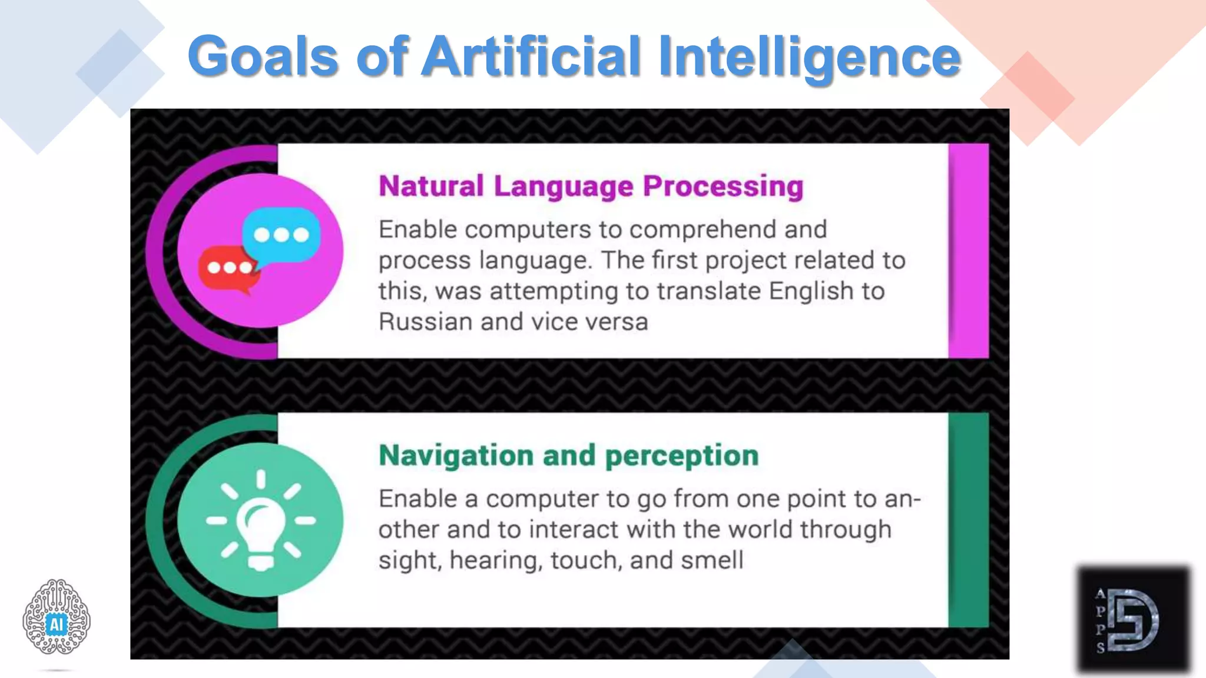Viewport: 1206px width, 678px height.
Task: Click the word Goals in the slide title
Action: coord(263,57)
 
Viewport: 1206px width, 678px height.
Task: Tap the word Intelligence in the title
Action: coord(810,57)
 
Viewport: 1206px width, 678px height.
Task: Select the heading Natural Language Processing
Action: coord(591,187)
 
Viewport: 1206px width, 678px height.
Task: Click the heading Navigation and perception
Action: coord(569,456)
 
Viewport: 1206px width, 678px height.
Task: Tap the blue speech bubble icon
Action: coord(281,235)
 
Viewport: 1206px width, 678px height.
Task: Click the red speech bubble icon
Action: coord(228,269)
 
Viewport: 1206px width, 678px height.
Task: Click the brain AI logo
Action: coord(57,617)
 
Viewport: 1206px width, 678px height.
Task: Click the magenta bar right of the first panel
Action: coord(969,251)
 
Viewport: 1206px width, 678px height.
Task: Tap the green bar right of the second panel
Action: coord(969,520)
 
